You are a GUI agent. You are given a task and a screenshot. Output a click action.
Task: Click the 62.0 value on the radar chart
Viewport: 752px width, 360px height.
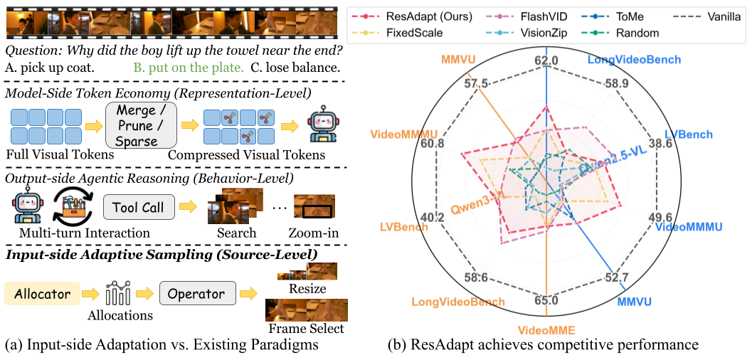tap(546, 61)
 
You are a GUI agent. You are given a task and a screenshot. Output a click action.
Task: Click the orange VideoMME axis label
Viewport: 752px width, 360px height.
tap(546, 330)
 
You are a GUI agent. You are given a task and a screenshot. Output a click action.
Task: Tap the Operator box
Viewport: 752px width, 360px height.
tap(191, 293)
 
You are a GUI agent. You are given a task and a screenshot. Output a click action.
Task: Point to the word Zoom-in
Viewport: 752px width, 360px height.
tap(314, 233)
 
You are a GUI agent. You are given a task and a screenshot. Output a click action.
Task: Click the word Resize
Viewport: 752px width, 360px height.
tap(308, 289)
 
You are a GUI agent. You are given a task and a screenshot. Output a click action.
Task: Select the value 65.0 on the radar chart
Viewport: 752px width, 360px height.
tap(546, 300)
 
